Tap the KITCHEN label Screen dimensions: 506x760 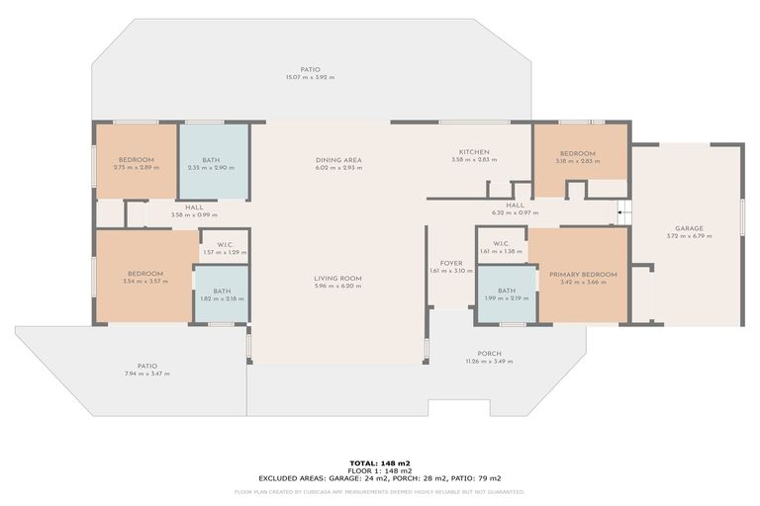[x=470, y=152]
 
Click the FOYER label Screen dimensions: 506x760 [x=451, y=264]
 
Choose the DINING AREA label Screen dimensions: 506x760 [x=338, y=160]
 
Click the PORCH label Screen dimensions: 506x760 [x=489, y=354]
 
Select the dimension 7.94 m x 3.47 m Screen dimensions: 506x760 [x=146, y=374]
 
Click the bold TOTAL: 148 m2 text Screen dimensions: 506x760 [x=379, y=463]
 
